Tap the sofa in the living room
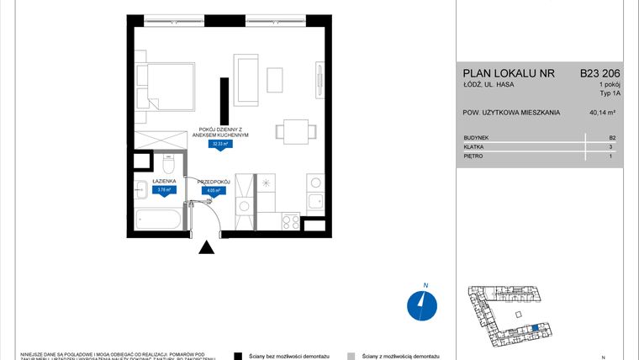pos(247,81)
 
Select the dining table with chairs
pos(295,131)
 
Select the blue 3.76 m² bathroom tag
pos(163,189)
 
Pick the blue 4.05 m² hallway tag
pos(213,191)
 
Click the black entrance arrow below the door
pos(205,247)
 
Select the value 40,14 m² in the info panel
pos(602,113)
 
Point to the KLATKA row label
pos(473,146)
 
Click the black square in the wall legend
pos(239,356)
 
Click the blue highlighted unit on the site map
pos(536,327)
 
